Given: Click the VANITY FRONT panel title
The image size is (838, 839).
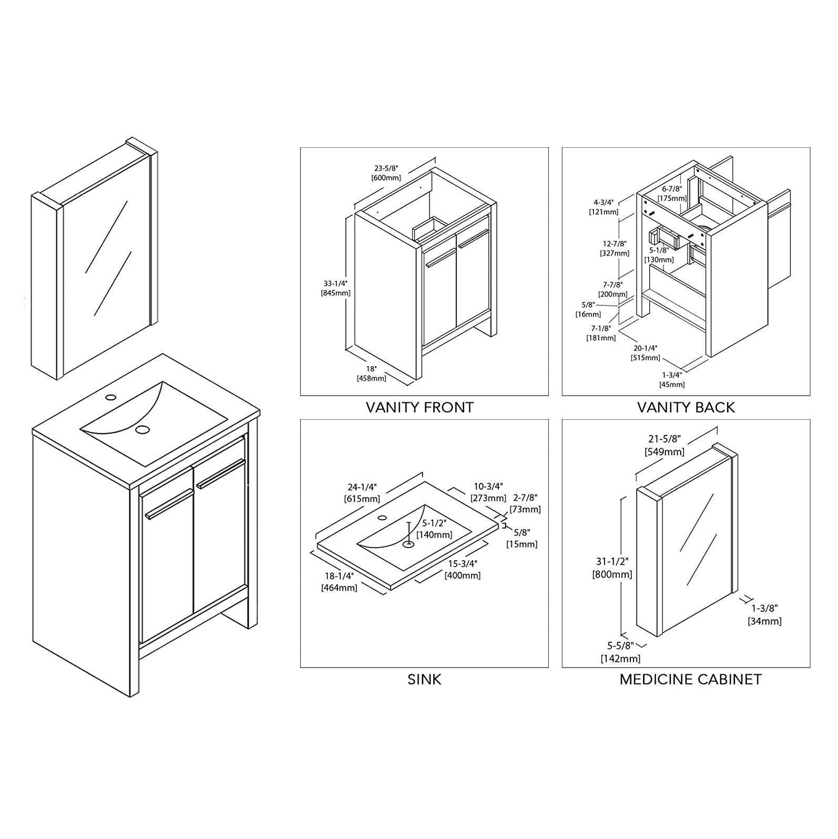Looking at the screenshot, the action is pyautogui.click(x=420, y=407).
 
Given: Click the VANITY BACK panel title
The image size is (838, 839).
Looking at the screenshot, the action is pyautogui.click(x=686, y=407).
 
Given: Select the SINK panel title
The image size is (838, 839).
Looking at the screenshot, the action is pyautogui.click(x=424, y=679).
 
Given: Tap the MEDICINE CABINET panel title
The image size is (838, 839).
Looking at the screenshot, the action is pyautogui.click(x=690, y=679).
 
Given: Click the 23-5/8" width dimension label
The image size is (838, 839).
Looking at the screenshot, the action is pyautogui.click(x=386, y=168).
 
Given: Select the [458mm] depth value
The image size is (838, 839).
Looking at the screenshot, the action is pyautogui.click(x=371, y=378).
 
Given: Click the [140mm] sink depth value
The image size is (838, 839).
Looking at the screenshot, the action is pyautogui.click(x=434, y=535).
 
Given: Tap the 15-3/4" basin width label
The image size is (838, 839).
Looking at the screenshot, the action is pyautogui.click(x=463, y=564).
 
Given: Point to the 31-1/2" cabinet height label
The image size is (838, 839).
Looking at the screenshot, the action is pyautogui.click(x=613, y=562).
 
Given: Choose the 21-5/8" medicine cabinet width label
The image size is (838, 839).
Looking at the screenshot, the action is pyautogui.click(x=665, y=439).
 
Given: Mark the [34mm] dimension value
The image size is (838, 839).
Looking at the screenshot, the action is pyautogui.click(x=764, y=621).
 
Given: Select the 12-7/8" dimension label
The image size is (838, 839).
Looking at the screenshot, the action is pyautogui.click(x=615, y=244).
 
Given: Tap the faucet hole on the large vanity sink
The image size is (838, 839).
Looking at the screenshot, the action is pyautogui.click(x=110, y=397).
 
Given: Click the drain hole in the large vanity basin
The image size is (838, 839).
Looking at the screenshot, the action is pyautogui.click(x=142, y=429).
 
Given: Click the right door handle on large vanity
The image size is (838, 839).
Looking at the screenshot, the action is pyautogui.click(x=221, y=473).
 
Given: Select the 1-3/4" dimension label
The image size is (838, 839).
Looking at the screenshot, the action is pyautogui.click(x=672, y=375).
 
